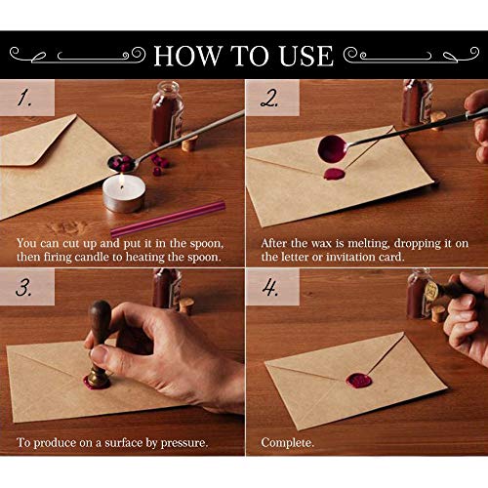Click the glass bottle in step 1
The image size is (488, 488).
(x=166, y=114)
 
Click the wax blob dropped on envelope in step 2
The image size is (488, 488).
(x=334, y=175)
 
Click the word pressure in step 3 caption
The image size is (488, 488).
(x=182, y=442)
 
